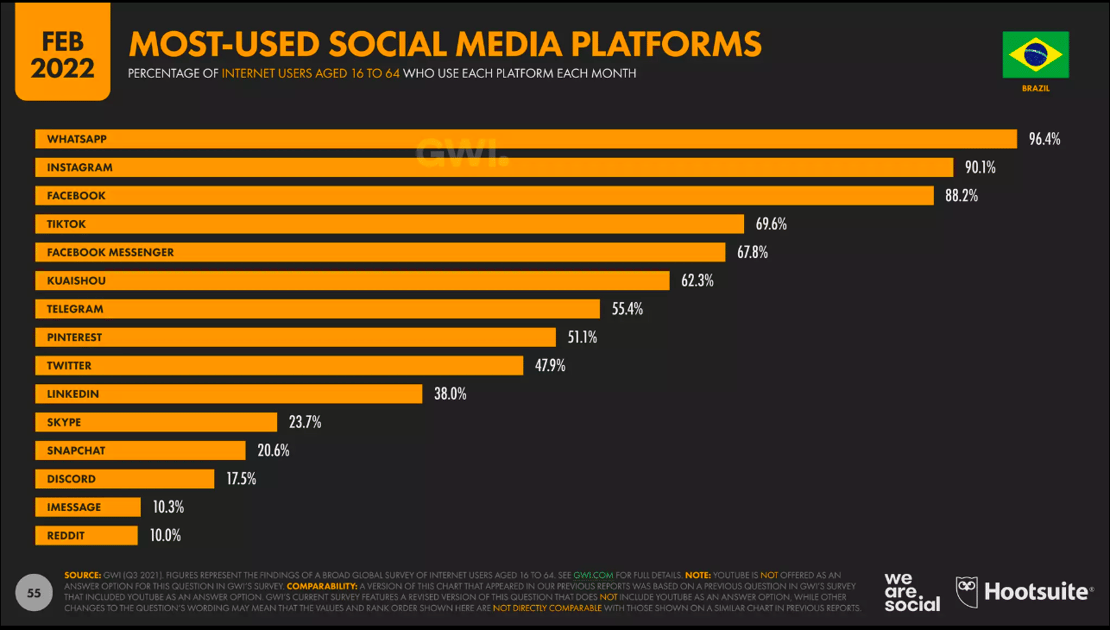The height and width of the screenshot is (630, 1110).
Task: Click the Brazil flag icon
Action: click(x=1036, y=54)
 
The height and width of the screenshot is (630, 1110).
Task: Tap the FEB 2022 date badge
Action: click(x=62, y=56)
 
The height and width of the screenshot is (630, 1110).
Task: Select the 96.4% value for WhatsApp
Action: click(x=1044, y=139)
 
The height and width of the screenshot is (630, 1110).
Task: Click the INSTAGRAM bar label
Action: click(x=80, y=168)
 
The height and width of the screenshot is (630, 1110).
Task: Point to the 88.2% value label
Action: click(x=961, y=196)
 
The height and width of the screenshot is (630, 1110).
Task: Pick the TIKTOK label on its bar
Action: click(x=67, y=224)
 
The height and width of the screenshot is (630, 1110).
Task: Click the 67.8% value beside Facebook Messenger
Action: click(x=752, y=252)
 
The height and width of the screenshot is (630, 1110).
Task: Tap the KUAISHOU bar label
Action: click(x=76, y=281)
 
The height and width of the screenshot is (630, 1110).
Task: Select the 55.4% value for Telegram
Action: click(x=627, y=309)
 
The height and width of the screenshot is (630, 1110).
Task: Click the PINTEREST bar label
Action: click(x=75, y=338)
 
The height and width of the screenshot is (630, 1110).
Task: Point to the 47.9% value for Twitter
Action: click(x=550, y=366)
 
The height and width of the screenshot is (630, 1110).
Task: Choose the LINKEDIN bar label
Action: click(x=73, y=394)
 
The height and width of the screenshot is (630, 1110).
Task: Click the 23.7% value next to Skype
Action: click(x=305, y=422)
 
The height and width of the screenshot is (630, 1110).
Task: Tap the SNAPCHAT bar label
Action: click(x=76, y=451)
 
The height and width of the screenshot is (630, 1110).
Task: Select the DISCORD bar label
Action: click(x=71, y=479)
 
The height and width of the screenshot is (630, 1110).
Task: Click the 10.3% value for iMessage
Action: click(x=168, y=507)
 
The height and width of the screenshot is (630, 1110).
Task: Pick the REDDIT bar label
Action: click(x=67, y=536)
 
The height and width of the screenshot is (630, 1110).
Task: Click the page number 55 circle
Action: click(x=34, y=593)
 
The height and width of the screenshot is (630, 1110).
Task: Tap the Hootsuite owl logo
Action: click(x=967, y=591)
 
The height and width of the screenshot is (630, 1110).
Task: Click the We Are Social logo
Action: click(x=912, y=591)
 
